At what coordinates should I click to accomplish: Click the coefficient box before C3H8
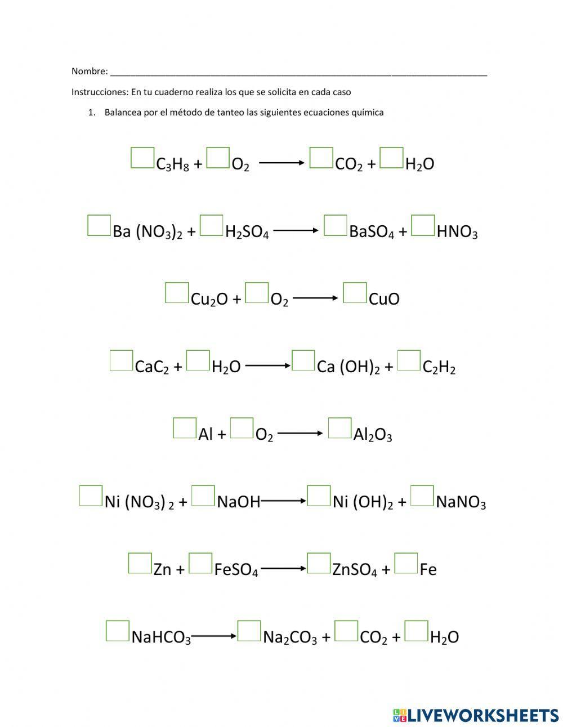pos(142,158)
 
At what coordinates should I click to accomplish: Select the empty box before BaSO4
pos(336,225)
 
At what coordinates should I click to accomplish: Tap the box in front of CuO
pos(355,293)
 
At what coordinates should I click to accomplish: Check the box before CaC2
pos(121,360)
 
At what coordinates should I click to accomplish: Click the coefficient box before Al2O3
pos(339,428)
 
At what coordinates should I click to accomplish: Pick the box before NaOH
pos(203,496)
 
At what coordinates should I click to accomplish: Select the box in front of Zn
pos(140,563)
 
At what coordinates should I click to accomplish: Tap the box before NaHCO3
pos(117,631)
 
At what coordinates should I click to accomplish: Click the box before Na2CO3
pos(249,631)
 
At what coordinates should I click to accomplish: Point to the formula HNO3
pos(457,231)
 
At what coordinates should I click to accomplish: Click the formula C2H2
pos(439,367)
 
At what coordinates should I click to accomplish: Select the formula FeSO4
pos(236,570)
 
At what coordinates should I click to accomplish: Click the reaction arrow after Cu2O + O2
pos(315,298)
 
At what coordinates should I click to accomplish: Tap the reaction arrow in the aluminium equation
pos(300,433)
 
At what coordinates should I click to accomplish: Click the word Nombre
pos(89,71)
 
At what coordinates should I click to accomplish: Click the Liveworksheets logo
pos(475,715)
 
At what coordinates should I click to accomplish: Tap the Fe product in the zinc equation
pos(428,569)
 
